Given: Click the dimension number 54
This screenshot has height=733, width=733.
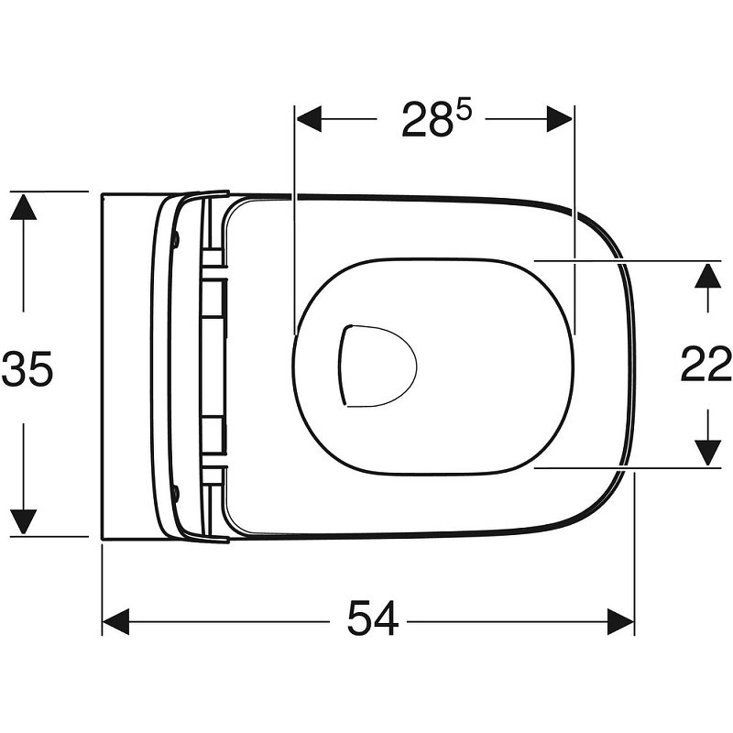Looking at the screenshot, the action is (373, 618).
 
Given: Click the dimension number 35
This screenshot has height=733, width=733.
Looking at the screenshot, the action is (27, 369).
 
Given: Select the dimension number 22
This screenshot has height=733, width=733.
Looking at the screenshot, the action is (705, 364).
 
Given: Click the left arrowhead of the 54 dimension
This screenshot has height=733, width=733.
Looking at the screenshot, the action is (115, 622).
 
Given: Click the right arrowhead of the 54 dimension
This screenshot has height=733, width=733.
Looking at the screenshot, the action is (621, 622).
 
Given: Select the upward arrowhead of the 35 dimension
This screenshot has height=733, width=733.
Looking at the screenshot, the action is (24, 208).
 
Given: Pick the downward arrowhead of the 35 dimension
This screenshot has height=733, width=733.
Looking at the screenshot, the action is (24, 521).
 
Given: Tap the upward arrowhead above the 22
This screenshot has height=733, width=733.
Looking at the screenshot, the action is (707, 277).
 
